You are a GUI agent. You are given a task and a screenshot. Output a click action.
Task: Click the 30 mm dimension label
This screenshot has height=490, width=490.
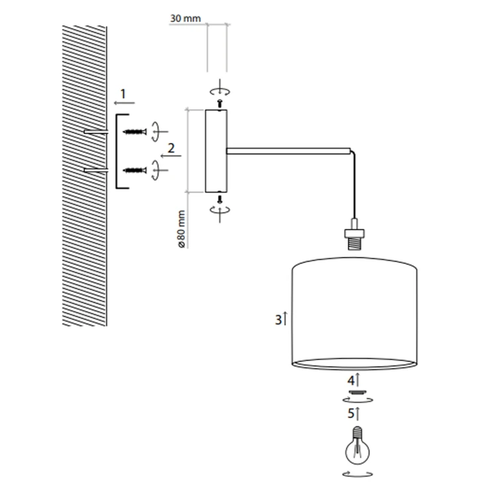point(185,19)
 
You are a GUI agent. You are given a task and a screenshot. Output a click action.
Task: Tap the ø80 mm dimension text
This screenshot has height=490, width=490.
point(181,229)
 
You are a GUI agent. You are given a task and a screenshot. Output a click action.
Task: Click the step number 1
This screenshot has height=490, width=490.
point(123,94)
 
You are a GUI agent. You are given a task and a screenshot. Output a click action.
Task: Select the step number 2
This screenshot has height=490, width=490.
point(171,148)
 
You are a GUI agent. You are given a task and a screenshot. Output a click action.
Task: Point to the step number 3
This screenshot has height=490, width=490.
point(278,320)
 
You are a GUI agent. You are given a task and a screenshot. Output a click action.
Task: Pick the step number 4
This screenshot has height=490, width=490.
point(351,381)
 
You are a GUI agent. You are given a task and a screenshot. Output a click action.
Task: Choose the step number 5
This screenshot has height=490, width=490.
point(351,413)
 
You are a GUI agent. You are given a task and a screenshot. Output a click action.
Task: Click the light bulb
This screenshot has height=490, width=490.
point(357,446)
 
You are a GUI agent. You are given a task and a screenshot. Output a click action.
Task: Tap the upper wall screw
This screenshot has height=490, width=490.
point(135,132)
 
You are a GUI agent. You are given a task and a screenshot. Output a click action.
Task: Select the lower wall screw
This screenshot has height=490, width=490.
point(135,170)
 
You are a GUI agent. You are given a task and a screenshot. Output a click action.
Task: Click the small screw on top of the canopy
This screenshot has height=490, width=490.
point(220,103)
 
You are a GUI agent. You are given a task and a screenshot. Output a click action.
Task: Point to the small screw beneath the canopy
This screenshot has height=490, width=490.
point(220,199)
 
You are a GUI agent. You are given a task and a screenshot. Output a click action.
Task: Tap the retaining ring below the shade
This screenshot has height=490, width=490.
point(358,392)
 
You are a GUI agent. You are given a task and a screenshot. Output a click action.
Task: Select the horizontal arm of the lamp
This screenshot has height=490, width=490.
point(289,151)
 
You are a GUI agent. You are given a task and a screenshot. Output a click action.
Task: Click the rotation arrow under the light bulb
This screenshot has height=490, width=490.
point(358,474)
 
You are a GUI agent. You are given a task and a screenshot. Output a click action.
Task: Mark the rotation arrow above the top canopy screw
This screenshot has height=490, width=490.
point(220,91)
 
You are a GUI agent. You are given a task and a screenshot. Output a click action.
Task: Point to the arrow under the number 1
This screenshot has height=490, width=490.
point(124,103)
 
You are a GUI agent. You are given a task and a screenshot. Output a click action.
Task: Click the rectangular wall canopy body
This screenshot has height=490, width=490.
point(216,151)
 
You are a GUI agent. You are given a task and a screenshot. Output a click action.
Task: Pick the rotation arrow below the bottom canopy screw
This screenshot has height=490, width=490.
point(220,210)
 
